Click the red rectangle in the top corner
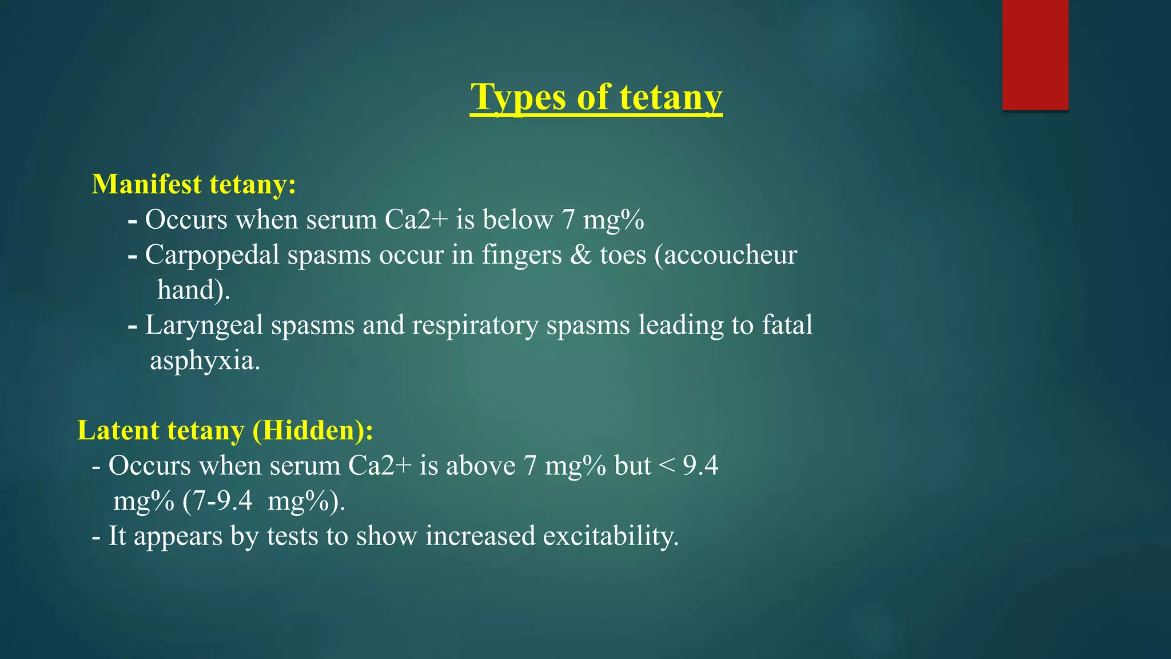(x=1035, y=54)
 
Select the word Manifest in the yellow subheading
(x=147, y=184)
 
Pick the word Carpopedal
(x=212, y=255)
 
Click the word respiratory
(x=475, y=325)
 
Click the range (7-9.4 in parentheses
(x=218, y=501)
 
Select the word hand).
(x=193, y=290)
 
